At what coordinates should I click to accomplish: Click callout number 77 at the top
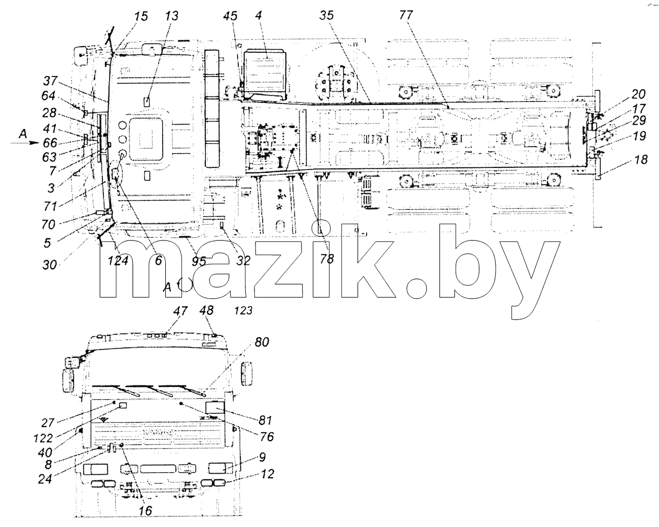tap(406, 15)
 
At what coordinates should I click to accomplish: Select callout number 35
tap(326, 15)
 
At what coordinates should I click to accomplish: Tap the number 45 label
tap(230, 16)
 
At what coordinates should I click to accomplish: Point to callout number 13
tap(171, 16)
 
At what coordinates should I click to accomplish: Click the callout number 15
tap(141, 16)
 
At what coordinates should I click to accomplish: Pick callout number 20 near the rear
tap(639, 94)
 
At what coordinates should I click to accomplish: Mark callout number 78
tap(326, 259)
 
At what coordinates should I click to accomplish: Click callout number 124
tap(118, 261)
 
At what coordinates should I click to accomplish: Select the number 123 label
tap(243, 311)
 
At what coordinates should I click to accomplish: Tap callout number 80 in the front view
tap(262, 342)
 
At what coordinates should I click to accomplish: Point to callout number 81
tap(265, 420)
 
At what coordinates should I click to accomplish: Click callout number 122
tap(44, 438)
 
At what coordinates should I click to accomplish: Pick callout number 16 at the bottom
tap(145, 511)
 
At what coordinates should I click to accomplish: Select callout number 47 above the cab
tap(180, 311)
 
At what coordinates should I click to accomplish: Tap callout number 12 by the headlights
tap(267, 474)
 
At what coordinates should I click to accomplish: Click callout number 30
tap(49, 264)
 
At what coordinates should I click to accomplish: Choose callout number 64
tap(48, 95)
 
